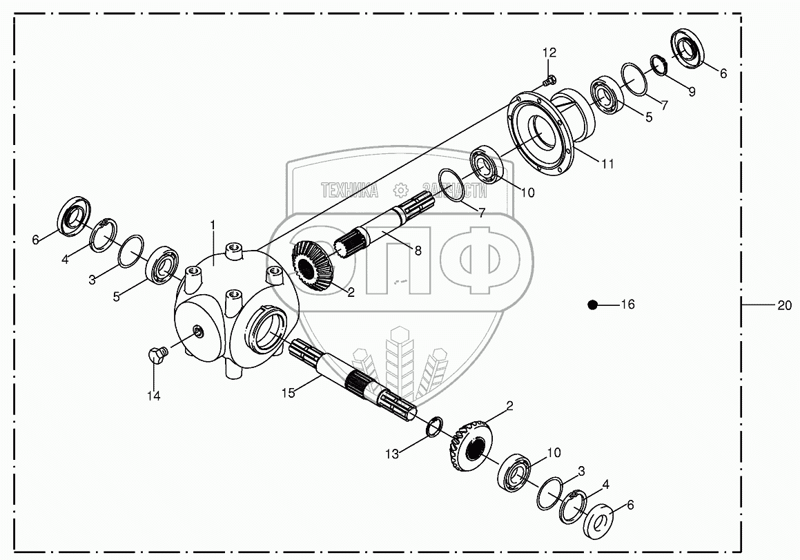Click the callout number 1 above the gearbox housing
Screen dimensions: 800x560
[213, 225]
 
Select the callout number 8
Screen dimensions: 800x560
[418, 251]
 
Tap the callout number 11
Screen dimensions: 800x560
[607, 164]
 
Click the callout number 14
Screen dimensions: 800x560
[153, 396]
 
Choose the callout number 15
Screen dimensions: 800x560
[288, 392]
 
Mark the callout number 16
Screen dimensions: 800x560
[627, 305]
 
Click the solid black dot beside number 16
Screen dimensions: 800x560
[592, 305]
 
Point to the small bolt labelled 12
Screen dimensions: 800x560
[549, 81]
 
